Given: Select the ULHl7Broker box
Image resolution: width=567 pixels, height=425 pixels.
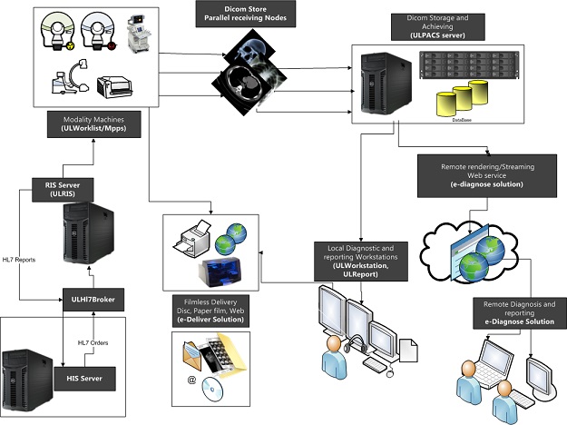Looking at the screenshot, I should pyautogui.click(x=91, y=297).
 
